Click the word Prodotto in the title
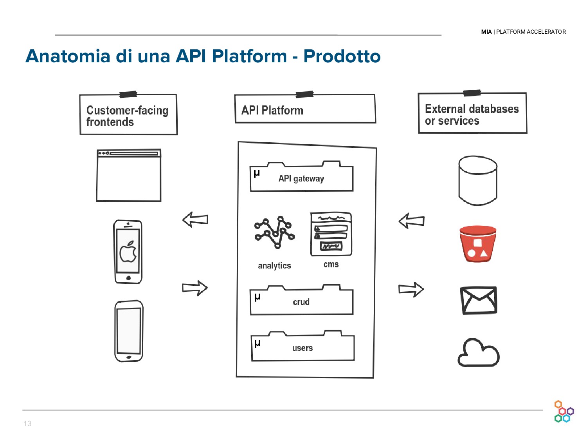coord(342,56)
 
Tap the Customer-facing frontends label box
coord(128,115)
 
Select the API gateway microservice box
coord(301,178)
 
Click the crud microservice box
coord(301,302)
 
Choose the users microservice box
coord(303,348)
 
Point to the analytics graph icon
coord(274,232)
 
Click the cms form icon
coord(331,234)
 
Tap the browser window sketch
coord(129,175)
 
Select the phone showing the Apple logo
coord(128,252)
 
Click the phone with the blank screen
coord(128,331)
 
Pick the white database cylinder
coord(478,180)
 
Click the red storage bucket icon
coord(477,244)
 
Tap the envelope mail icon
coord(479,300)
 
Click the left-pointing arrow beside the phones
coord(195,220)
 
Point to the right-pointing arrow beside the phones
coord(195,288)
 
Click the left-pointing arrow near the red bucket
coord(411,221)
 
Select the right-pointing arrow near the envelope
coord(411,290)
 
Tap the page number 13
coord(27,423)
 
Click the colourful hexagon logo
coord(564,412)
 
